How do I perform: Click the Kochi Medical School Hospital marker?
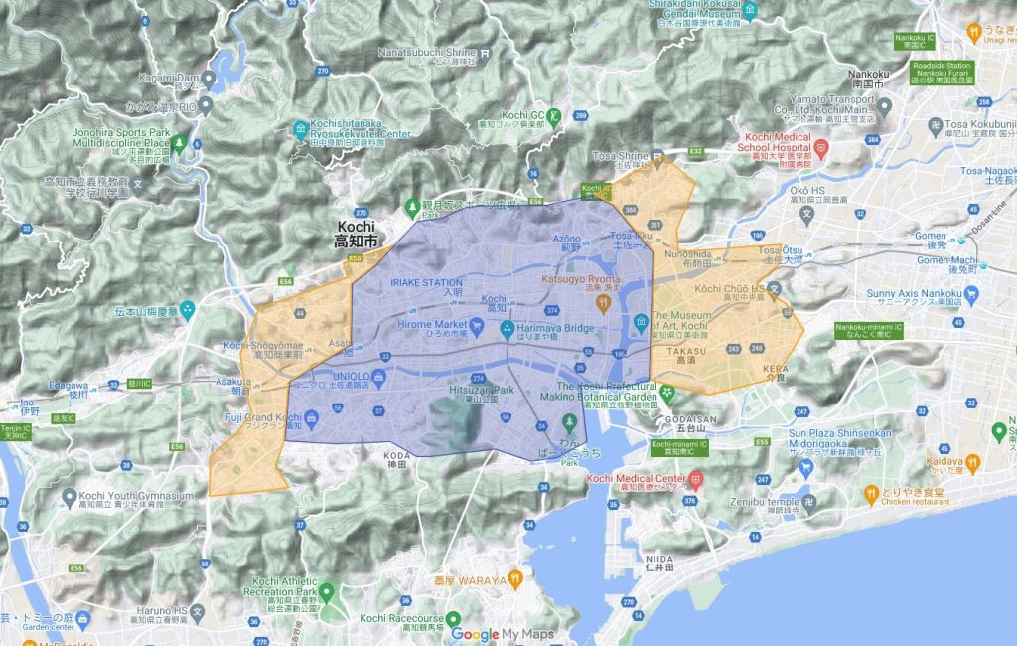pos(821,148)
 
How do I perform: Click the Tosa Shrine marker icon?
pos(656,157)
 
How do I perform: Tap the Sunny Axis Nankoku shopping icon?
pos(970,294)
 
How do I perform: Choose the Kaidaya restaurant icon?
pos(975,461)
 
